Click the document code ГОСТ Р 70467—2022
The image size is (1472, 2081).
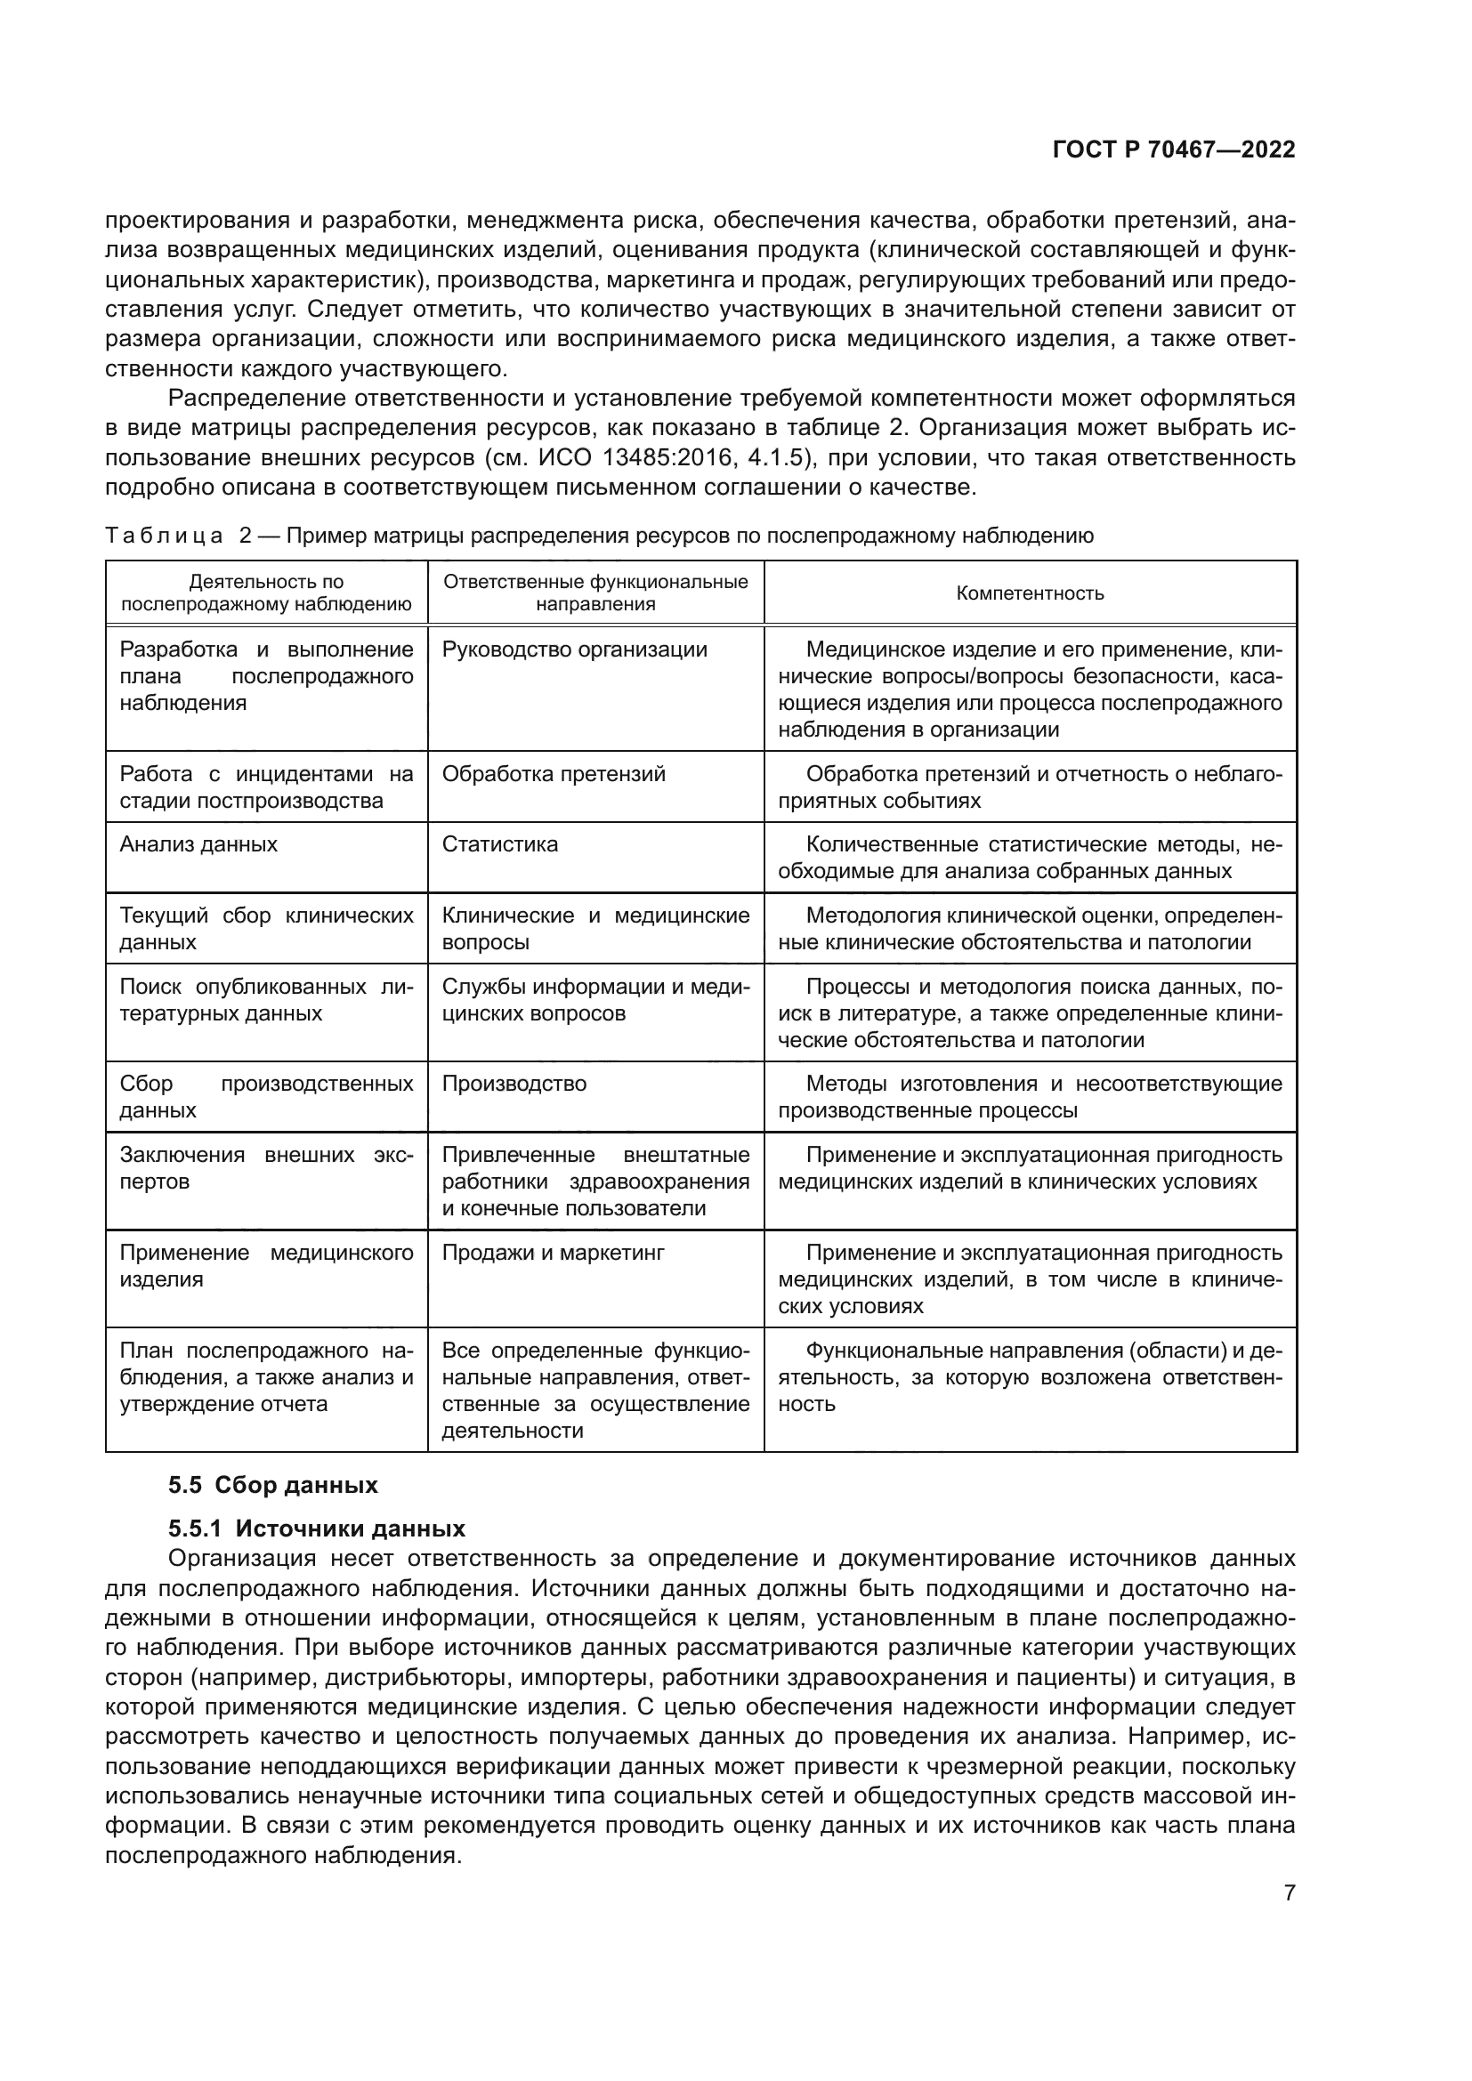(x=1174, y=150)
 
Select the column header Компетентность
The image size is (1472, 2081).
(x=1030, y=593)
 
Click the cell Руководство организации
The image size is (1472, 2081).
(x=575, y=649)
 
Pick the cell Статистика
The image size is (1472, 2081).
(x=500, y=844)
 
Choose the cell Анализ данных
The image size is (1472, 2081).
(x=198, y=844)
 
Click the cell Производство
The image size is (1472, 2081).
(x=514, y=1084)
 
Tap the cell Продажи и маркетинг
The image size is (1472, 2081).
(x=553, y=1253)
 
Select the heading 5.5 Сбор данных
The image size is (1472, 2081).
(x=273, y=1486)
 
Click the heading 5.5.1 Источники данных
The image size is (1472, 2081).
(x=316, y=1529)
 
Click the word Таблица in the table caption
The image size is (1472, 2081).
(x=164, y=536)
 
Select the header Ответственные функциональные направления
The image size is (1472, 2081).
(x=595, y=593)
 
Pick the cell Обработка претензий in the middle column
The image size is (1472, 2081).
(x=553, y=774)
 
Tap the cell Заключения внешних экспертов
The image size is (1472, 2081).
(x=266, y=1168)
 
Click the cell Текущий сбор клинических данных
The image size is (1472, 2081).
(x=266, y=929)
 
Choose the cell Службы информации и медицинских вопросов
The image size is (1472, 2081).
(x=595, y=1000)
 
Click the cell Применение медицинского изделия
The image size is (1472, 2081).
(x=266, y=1266)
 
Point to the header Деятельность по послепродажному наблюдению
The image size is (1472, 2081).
(x=266, y=593)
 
